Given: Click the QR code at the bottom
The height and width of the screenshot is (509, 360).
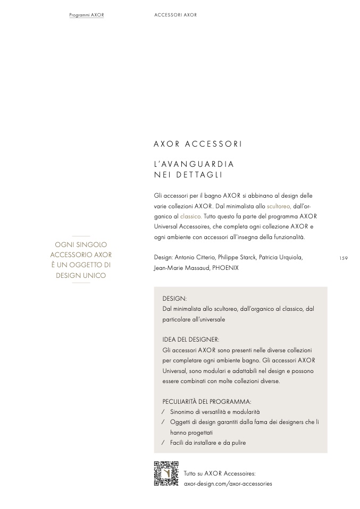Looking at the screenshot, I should (x=166, y=473).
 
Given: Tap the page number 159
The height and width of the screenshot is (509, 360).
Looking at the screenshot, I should (x=343, y=258).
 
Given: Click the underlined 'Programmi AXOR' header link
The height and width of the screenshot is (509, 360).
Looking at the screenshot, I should (x=87, y=15).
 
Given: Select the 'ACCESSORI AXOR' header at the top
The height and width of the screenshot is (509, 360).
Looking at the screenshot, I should (x=175, y=15).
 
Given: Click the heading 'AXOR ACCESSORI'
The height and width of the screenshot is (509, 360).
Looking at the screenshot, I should (x=198, y=144).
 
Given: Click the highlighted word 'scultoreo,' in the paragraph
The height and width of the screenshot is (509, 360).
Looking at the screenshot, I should (x=279, y=206).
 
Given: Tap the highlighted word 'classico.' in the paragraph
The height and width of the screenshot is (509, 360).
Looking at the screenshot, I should (x=191, y=216).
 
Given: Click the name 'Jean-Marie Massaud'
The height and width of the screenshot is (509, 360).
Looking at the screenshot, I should (x=181, y=268).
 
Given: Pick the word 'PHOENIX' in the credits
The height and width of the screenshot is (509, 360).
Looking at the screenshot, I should (x=225, y=268).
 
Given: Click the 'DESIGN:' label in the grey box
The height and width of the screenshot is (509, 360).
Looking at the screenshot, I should (x=174, y=299).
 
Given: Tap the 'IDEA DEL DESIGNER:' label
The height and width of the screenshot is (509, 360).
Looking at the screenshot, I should (x=191, y=340).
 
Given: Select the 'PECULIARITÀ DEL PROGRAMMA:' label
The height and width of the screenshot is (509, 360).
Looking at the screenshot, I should (x=207, y=402).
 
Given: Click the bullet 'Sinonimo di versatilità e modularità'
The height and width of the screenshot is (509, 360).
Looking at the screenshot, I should (x=215, y=412).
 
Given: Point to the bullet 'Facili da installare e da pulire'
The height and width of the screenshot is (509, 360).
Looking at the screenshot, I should (x=208, y=443).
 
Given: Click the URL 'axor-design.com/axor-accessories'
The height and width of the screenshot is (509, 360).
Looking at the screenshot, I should (x=228, y=484).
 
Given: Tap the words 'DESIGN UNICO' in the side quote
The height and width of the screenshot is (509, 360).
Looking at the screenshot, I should (x=81, y=275).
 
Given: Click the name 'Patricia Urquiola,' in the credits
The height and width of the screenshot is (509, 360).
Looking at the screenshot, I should (x=281, y=258).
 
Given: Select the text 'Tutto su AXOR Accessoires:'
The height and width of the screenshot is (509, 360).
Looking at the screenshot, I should (x=220, y=473).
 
